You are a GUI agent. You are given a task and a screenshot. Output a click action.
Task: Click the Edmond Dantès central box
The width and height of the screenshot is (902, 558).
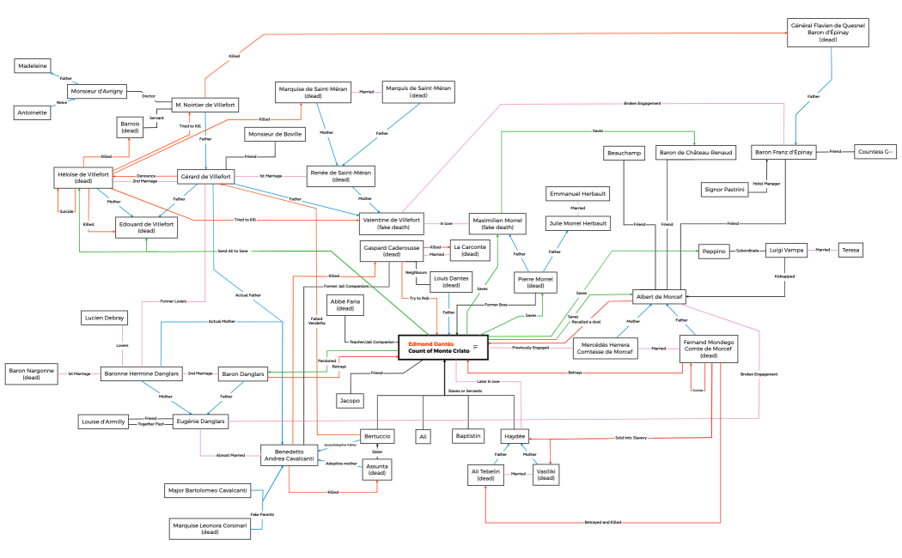pyautogui.click(x=443, y=347)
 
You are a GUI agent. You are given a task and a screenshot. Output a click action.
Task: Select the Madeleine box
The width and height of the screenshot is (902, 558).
pyautogui.click(x=34, y=66)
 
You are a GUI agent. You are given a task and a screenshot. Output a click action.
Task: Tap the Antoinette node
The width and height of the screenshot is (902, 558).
pyautogui.click(x=34, y=112)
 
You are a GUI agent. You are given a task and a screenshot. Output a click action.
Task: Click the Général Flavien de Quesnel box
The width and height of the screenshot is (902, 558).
pyautogui.click(x=828, y=33)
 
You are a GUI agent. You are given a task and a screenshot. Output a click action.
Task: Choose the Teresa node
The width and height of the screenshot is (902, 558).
pyautogui.click(x=850, y=250)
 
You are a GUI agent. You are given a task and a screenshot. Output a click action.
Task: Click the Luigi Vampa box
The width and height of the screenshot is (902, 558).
pyautogui.click(x=784, y=250)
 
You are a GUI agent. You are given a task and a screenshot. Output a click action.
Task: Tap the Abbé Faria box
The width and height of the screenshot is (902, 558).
pyautogui.click(x=345, y=305)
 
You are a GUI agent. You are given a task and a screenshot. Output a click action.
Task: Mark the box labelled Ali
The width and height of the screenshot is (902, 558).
pyautogui.click(x=422, y=436)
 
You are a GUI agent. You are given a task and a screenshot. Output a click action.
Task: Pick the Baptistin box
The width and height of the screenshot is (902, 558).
pyautogui.click(x=468, y=436)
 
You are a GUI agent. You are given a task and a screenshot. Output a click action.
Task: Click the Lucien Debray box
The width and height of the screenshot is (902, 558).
pyautogui.click(x=104, y=318)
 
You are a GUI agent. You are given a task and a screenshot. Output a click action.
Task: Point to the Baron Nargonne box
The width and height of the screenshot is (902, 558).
pyautogui.click(x=32, y=374)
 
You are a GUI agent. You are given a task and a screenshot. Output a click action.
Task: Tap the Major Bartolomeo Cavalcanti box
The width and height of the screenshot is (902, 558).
pyautogui.click(x=207, y=490)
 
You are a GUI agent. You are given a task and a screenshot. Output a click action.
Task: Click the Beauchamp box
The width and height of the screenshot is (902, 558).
pyautogui.click(x=625, y=152)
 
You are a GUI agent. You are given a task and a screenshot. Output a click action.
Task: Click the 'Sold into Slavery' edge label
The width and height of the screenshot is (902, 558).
pyautogui.click(x=631, y=438)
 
